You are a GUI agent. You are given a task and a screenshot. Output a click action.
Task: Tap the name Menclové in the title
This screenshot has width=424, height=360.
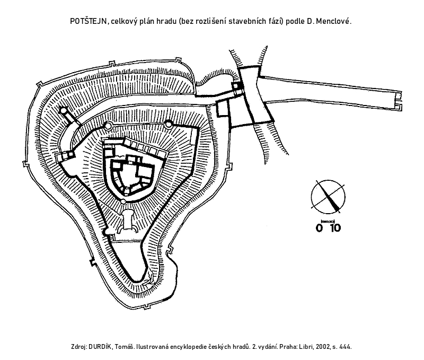(x=333, y=21)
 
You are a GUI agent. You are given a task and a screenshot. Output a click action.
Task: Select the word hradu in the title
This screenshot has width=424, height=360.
(x=166, y=21)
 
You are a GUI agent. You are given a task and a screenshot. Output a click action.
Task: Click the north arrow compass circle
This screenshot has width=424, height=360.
(x=328, y=197)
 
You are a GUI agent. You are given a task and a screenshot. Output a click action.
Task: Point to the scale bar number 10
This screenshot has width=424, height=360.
(x=335, y=228)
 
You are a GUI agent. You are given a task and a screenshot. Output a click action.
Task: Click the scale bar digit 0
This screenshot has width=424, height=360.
(x=319, y=228)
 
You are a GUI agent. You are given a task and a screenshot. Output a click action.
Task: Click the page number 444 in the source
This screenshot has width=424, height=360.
(x=345, y=347)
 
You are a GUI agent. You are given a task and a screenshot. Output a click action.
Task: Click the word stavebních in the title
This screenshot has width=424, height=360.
(x=247, y=21)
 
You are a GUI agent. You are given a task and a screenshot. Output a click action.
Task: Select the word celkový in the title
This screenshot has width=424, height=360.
(x=124, y=21)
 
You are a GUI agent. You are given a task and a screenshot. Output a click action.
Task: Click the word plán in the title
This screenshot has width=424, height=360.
(x=147, y=22)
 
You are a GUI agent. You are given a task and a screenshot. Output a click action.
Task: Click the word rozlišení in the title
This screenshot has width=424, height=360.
(x=210, y=21)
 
